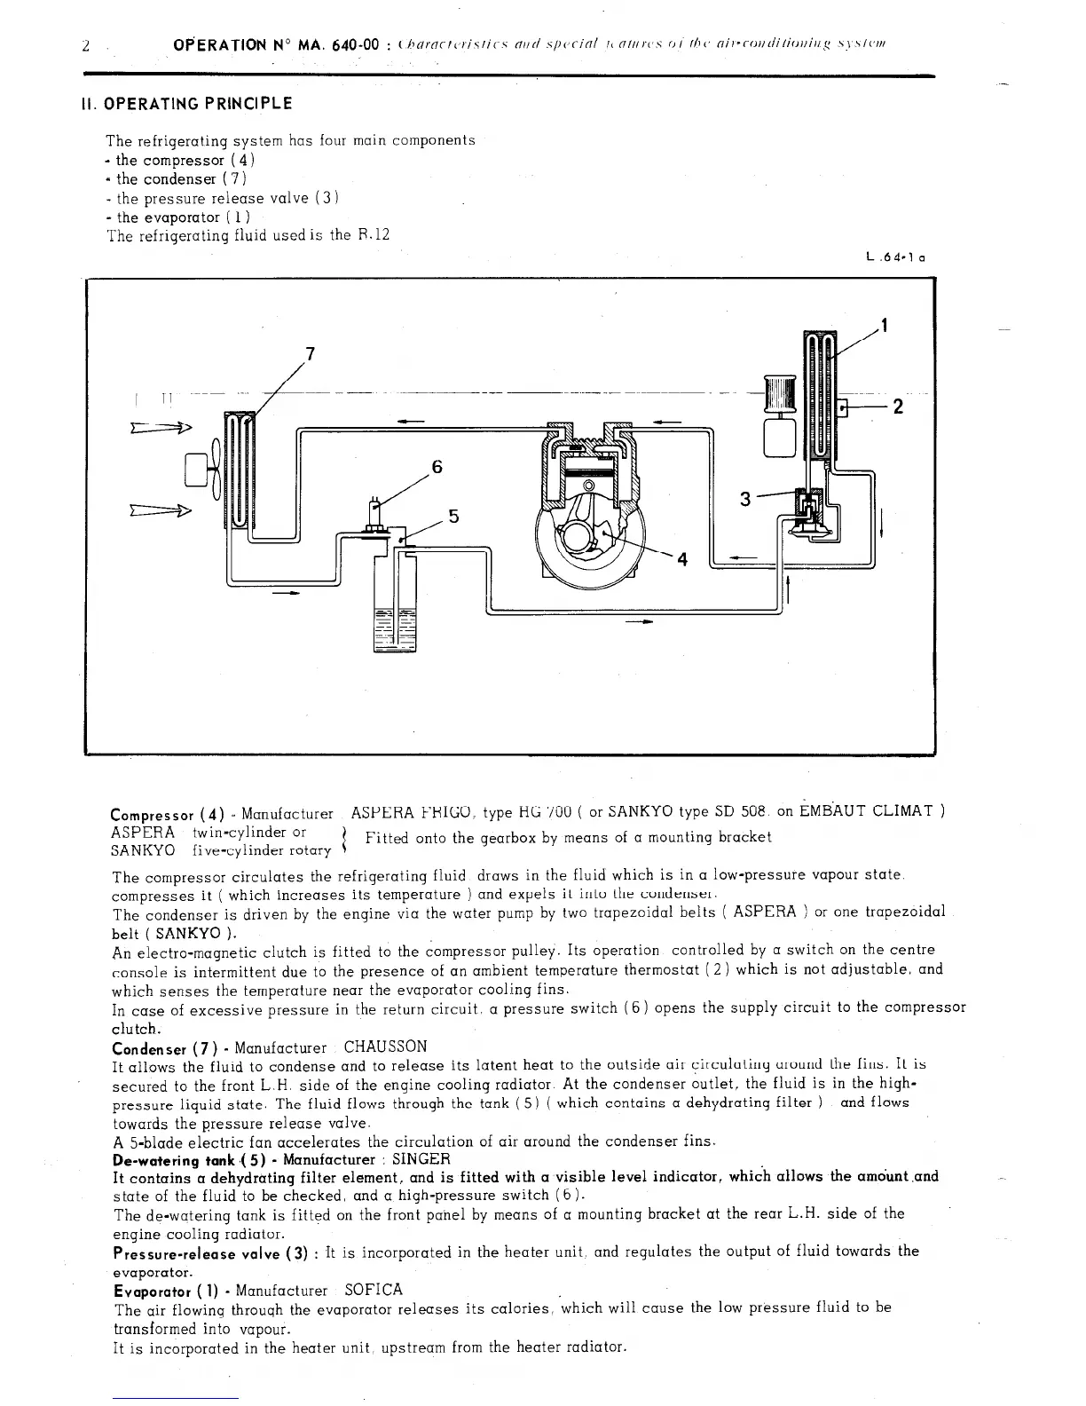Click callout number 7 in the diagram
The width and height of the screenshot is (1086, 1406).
coord(310,353)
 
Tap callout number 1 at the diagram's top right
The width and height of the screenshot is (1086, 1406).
coord(885,325)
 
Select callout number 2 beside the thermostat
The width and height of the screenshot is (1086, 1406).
coord(898,407)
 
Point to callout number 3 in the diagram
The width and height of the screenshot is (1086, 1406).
coord(745,499)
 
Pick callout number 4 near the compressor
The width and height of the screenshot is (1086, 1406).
coord(682,559)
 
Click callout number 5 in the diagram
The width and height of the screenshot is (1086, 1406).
coord(453,516)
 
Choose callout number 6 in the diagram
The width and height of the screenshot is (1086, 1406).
coord(437,467)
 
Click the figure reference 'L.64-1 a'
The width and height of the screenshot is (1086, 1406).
coord(895,259)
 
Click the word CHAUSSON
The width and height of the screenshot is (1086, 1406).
coord(385,1047)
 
